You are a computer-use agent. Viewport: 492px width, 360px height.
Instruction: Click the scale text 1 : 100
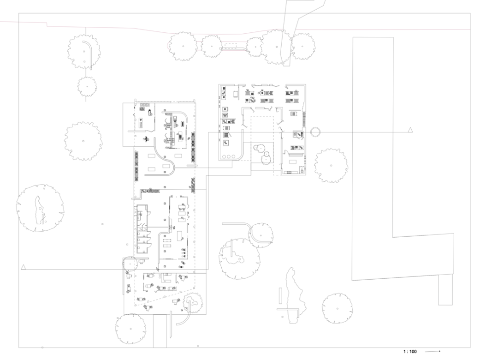pyautogui.click(x=410, y=352)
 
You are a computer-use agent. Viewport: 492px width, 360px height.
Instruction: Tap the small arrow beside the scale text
pyautogui.click(x=433, y=352)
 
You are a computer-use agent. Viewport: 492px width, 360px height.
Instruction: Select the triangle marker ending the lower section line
pyautogui.click(x=23, y=267)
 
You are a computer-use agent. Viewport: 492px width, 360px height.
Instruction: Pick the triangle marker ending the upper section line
pyautogui.click(x=410, y=131)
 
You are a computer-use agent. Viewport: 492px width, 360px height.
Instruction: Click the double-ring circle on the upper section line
pyautogui.click(x=315, y=132)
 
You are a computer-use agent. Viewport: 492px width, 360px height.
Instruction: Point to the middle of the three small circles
pyautogui.click(x=228, y=157)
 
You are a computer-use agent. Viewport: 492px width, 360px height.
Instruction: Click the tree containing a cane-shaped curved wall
pyautogui.click(x=84, y=51)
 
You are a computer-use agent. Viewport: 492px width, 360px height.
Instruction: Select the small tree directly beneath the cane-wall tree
pyautogui.click(x=87, y=86)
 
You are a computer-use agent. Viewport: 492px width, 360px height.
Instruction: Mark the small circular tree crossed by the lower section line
pyautogui.click(x=129, y=264)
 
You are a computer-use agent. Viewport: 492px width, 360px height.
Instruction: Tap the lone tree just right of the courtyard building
pyautogui.click(x=331, y=165)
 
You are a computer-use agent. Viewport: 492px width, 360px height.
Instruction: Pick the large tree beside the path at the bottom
pyautogui.click(x=131, y=329)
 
